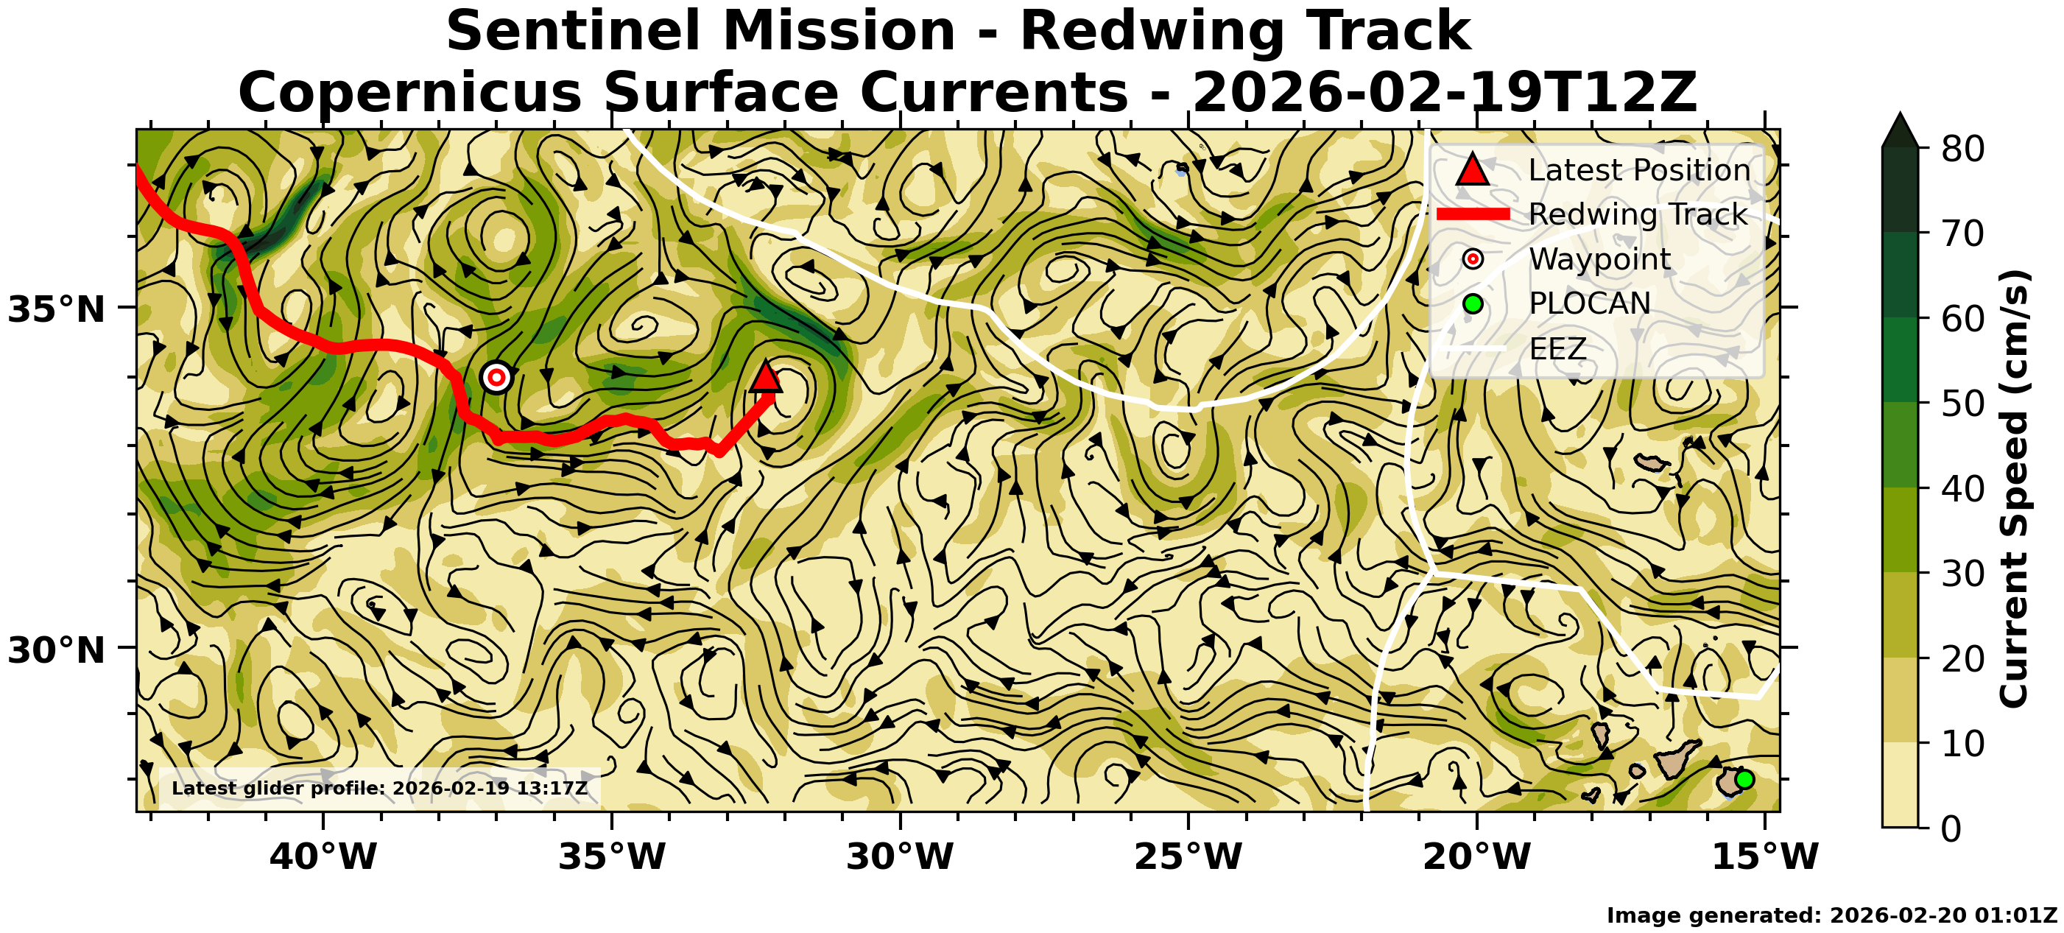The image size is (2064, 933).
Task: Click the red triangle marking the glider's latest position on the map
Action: [766, 378]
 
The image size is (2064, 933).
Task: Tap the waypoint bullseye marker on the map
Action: [497, 377]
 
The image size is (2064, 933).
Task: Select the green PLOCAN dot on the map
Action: [1744, 779]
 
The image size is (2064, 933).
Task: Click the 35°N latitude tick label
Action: [56, 309]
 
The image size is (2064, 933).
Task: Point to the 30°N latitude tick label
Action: [56, 650]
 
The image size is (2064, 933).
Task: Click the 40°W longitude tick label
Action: [323, 857]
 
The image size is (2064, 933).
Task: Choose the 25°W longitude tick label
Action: [1188, 857]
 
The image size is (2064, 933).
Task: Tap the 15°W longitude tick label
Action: [1765, 857]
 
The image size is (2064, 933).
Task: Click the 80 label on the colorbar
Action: [1962, 149]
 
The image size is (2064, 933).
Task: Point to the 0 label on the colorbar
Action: [1952, 828]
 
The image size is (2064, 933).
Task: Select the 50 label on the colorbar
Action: [1962, 404]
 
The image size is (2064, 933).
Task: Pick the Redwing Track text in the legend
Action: [1638, 215]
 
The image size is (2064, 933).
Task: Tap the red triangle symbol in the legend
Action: [1473, 170]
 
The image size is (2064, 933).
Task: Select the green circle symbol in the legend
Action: [1473, 304]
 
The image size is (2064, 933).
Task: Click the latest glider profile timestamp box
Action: [380, 788]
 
